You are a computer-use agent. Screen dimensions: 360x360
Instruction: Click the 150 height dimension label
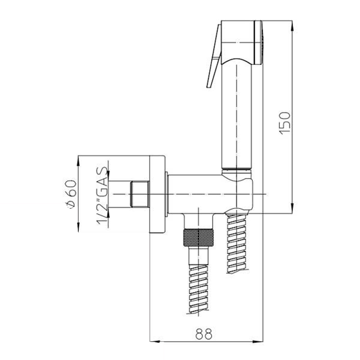pyautogui.click(x=285, y=123)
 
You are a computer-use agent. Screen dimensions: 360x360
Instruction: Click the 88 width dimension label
pyautogui.click(x=204, y=334)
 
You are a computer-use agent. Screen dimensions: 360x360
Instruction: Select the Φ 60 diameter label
pyautogui.click(x=70, y=194)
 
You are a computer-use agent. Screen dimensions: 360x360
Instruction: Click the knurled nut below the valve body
pyautogui.click(x=198, y=238)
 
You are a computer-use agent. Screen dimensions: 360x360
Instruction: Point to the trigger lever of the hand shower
pyautogui.click(x=214, y=56)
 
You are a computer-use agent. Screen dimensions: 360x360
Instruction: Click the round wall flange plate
pyautogui.click(x=157, y=194)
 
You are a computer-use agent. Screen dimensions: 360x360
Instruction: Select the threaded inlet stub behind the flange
pyautogui.click(x=140, y=194)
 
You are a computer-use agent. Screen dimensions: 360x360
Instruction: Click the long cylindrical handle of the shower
pyautogui.click(x=237, y=115)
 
